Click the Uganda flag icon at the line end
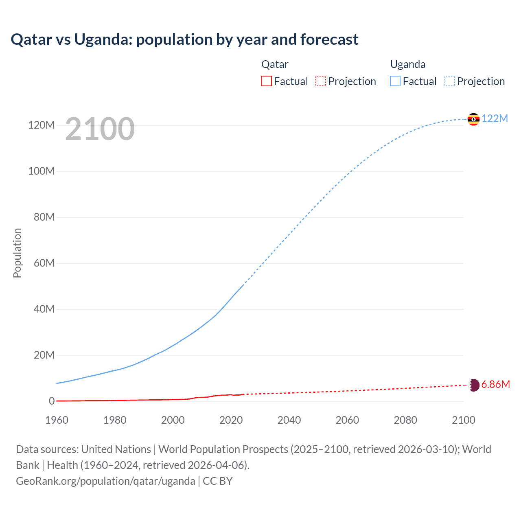[x=473, y=119]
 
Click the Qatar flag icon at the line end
[x=474, y=385]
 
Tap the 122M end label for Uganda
[x=495, y=118]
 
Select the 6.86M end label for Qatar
[x=495, y=385]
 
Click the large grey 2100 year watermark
[x=100, y=129]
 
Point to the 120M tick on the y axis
[x=41, y=125]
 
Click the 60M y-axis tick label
[x=44, y=263]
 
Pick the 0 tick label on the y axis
[x=52, y=401]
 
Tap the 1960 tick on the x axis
[x=57, y=420]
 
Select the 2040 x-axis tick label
[x=289, y=420]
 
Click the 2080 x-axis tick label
[x=405, y=420]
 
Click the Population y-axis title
[x=17, y=253]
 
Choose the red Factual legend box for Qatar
[x=267, y=81]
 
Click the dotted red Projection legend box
[x=321, y=81]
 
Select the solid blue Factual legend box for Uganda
[x=395, y=81]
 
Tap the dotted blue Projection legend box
[x=450, y=81]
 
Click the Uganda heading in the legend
[x=408, y=64]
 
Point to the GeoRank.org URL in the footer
[x=105, y=481]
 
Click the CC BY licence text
[x=218, y=481]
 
